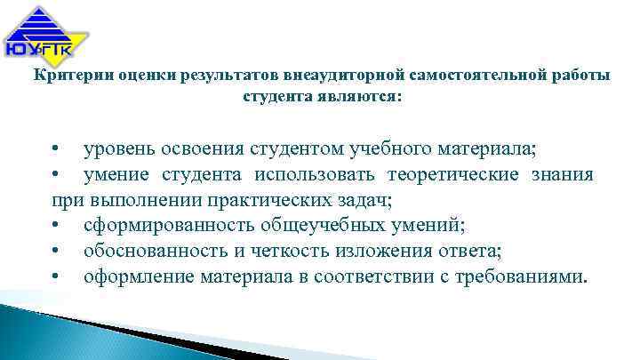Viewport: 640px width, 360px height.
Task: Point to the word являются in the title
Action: tap(354, 97)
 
